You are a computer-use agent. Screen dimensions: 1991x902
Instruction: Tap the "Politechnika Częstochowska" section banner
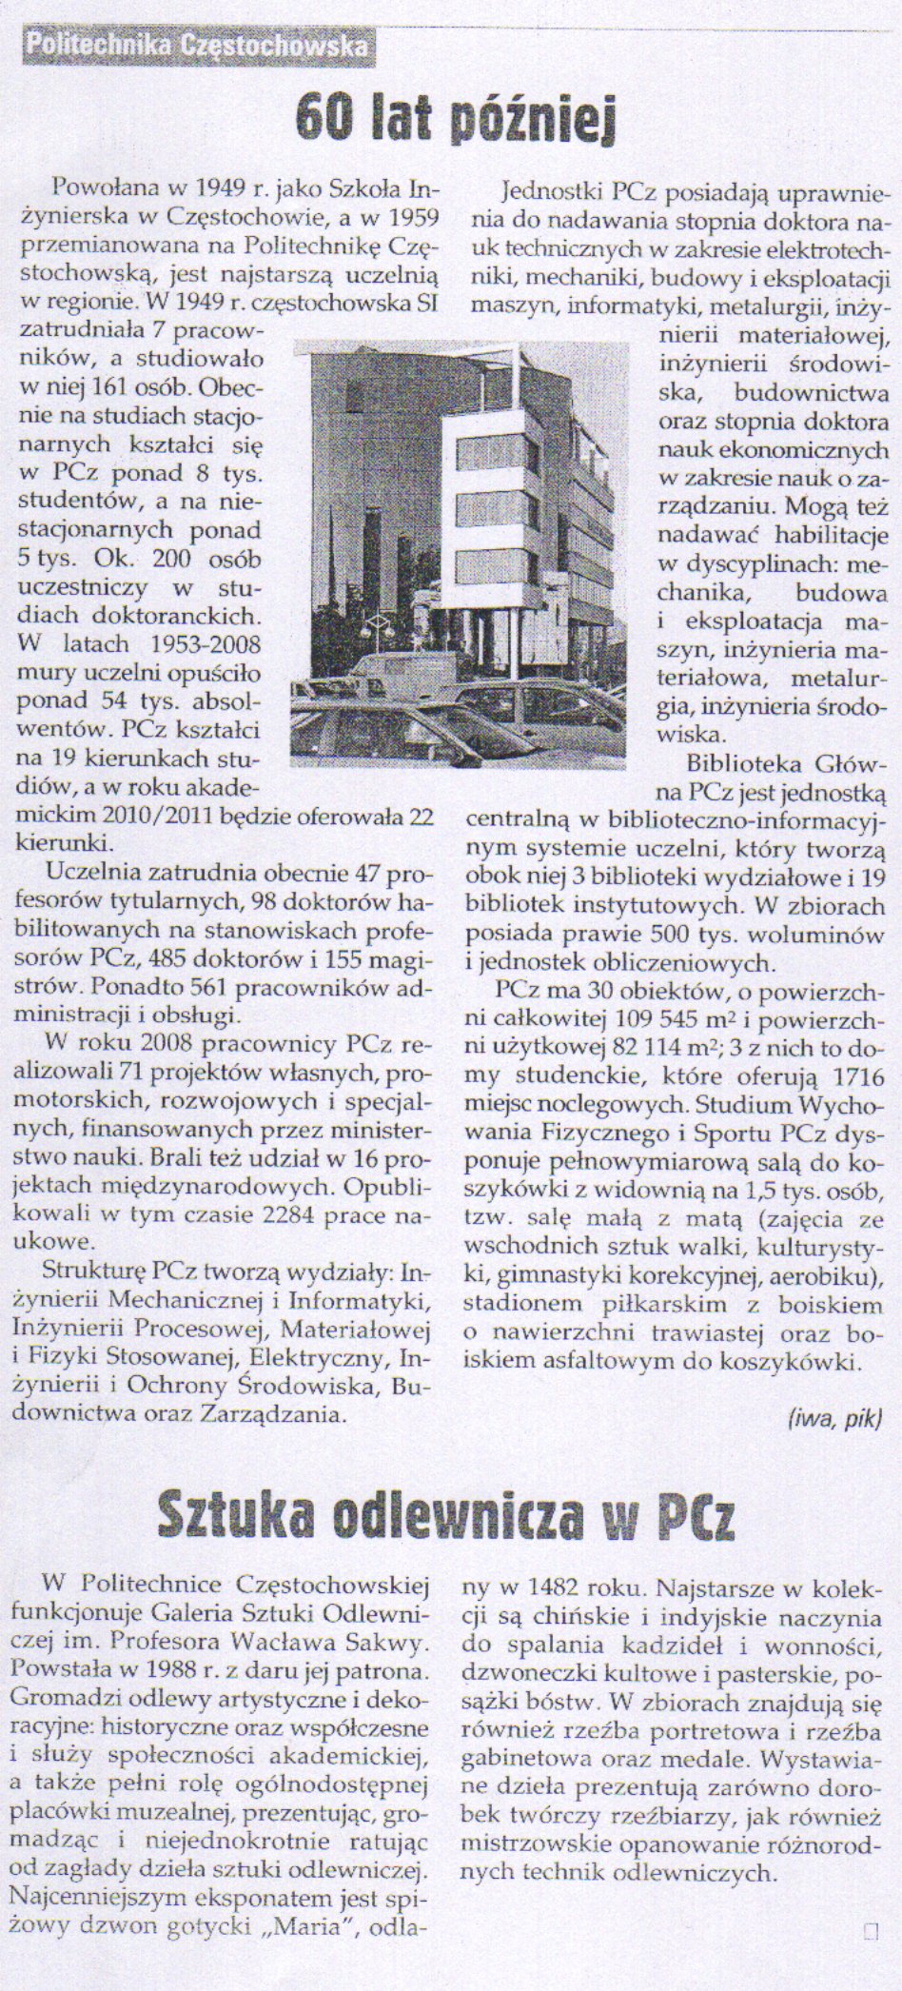click(198, 44)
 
